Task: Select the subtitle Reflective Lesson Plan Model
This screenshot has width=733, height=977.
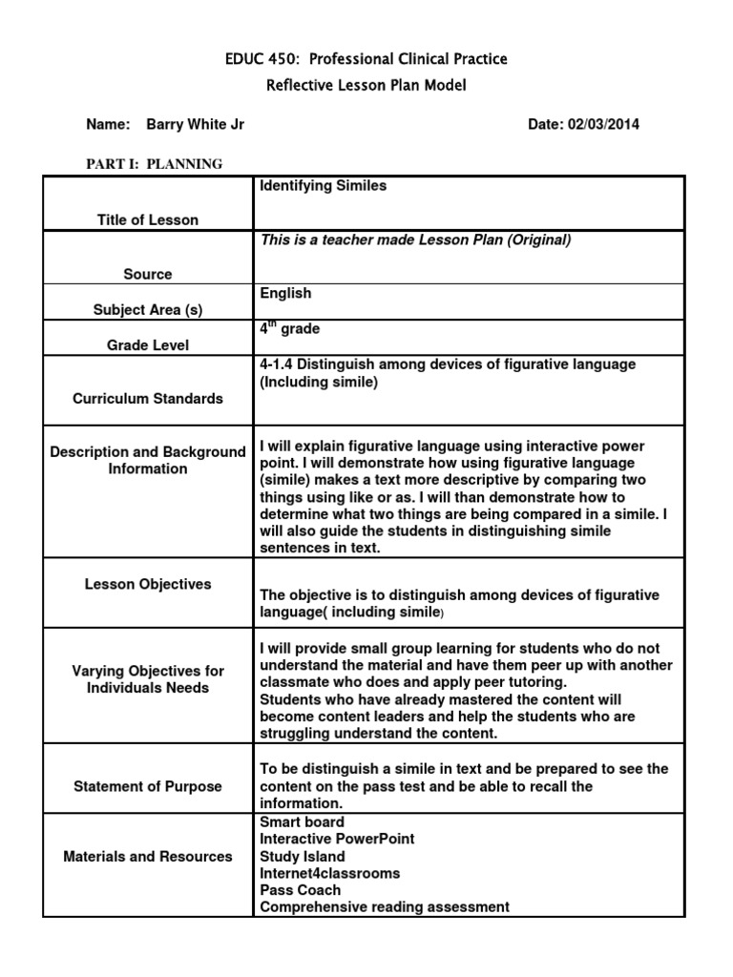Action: tap(366, 86)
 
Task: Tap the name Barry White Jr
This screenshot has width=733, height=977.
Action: tap(201, 125)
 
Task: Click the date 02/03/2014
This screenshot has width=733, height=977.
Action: tap(610, 125)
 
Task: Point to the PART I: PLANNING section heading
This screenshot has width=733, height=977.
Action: tap(155, 164)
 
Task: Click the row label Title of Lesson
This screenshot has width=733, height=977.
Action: tap(148, 219)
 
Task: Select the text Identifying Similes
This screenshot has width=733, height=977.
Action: tap(324, 186)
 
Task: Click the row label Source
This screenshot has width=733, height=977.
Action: tap(148, 274)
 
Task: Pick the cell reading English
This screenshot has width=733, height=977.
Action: tap(285, 294)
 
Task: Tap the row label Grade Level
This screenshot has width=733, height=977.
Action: tap(148, 345)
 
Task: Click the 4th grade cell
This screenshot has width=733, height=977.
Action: tap(289, 329)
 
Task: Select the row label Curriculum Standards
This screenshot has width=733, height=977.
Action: tap(148, 399)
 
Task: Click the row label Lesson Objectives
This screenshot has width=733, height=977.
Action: tap(148, 584)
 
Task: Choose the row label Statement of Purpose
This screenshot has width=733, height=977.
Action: tap(148, 786)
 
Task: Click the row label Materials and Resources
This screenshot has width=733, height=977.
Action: tap(148, 856)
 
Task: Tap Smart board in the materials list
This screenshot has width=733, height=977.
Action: tap(303, 821)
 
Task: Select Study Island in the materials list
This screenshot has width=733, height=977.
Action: tap(303, 856)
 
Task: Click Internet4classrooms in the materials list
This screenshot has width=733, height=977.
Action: tap(329, 873)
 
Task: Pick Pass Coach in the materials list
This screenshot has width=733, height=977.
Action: tap(300, 890)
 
